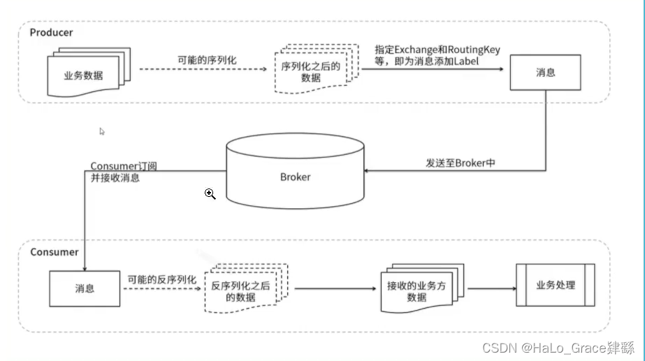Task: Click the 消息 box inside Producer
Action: pos(546,72)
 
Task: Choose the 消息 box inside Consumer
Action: pos(85,288)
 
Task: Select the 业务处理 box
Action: pos(555,285)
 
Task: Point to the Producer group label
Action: pos(51,32)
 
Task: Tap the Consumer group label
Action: pos(55,251)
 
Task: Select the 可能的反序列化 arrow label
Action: pos(161,279)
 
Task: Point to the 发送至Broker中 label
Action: pos(461,163)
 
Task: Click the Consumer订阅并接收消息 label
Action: pos(124,172)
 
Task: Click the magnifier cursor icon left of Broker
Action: pos(210,194)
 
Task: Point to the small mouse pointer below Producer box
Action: pos(102,131)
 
